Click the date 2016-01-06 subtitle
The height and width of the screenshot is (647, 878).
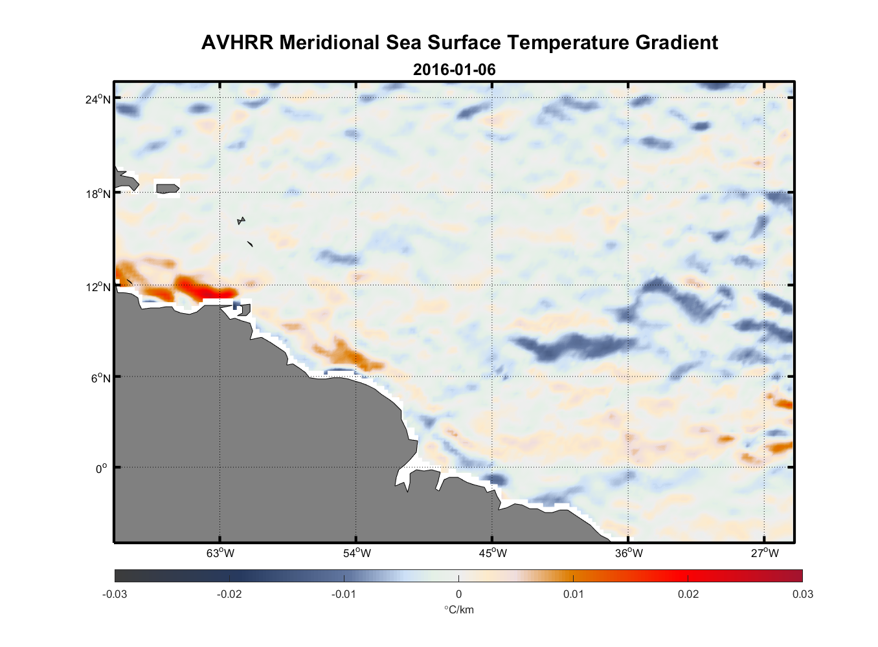click(454, 70)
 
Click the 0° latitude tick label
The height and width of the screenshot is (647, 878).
click(101, 469)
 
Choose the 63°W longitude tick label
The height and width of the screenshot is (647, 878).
click(220, 553)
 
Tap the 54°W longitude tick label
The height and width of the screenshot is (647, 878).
click(357, 553)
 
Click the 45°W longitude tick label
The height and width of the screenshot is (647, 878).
click(493, 553)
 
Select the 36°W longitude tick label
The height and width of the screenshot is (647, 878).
click(629, 553)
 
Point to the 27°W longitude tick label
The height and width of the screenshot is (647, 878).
click(765, 553)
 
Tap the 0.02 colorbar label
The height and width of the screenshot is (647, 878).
click(688, 594)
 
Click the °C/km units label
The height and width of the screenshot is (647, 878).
click(458, 609)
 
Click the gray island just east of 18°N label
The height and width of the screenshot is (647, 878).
click(167, 188)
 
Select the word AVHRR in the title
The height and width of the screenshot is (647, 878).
click(237, 43)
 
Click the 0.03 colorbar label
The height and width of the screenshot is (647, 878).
click(802, 594)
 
